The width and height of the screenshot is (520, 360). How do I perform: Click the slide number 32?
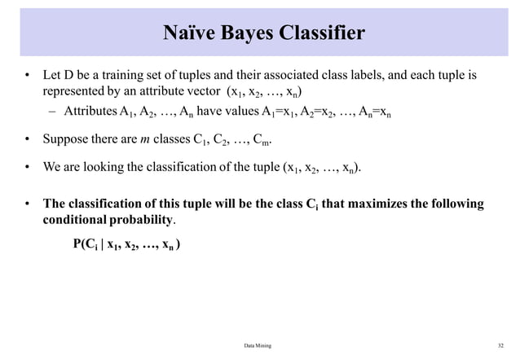tap(500, 346)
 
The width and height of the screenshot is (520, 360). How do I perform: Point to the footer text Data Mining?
tap(258, 346)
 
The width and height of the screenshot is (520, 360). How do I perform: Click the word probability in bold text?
tap(143, 220)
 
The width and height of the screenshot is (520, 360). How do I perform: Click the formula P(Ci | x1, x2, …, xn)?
tap(126, 244)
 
